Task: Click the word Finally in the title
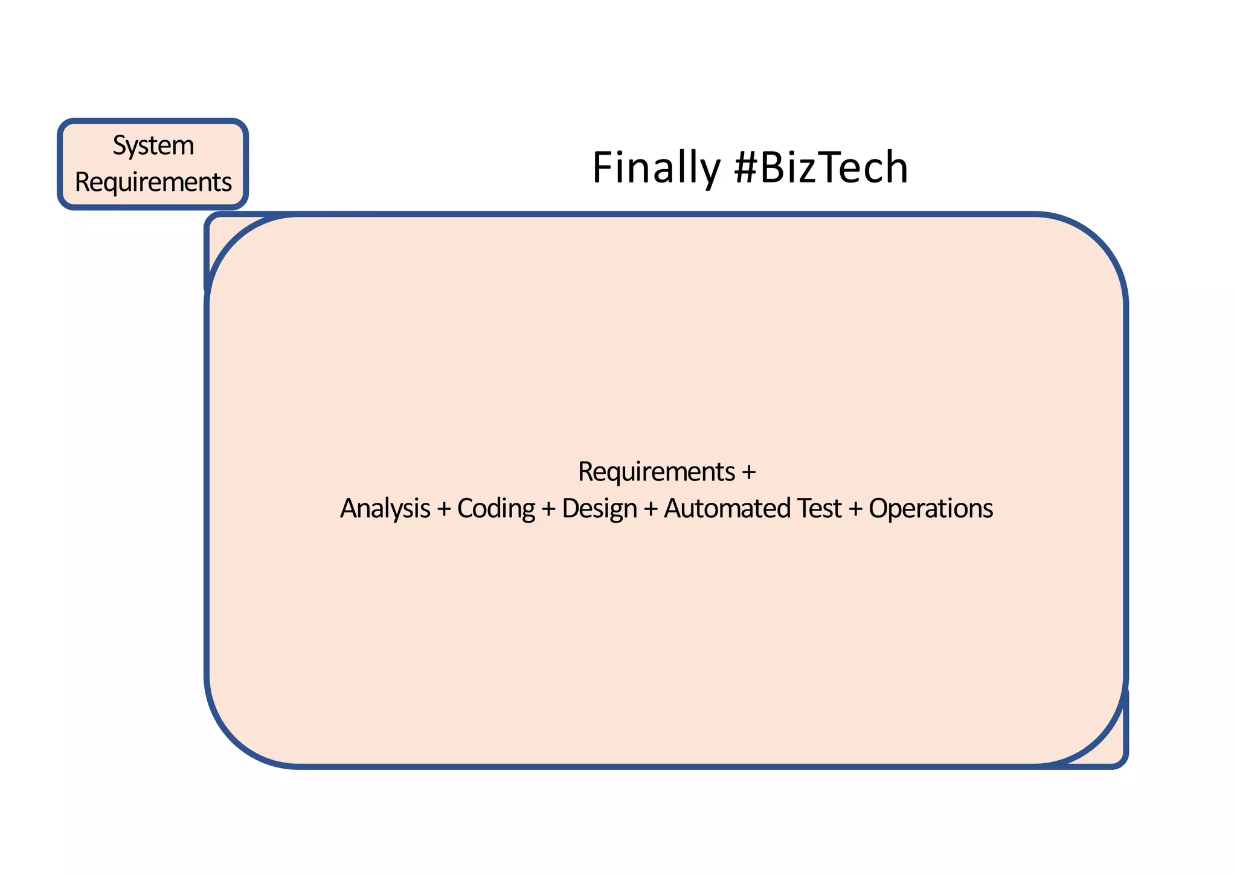pos(655,168)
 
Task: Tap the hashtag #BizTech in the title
pos(821,168)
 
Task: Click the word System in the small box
pos(153,146)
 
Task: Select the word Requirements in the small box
pos(153,182)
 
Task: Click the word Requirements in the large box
pos(657,472)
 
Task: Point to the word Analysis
pos(385,509)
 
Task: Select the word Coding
pos(496,509)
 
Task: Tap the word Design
pos(599,509)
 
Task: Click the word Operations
pos(931,509)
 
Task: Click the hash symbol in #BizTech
pos(747,168)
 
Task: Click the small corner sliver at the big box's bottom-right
pos(1115,749)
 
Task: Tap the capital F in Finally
pos(603,168)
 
